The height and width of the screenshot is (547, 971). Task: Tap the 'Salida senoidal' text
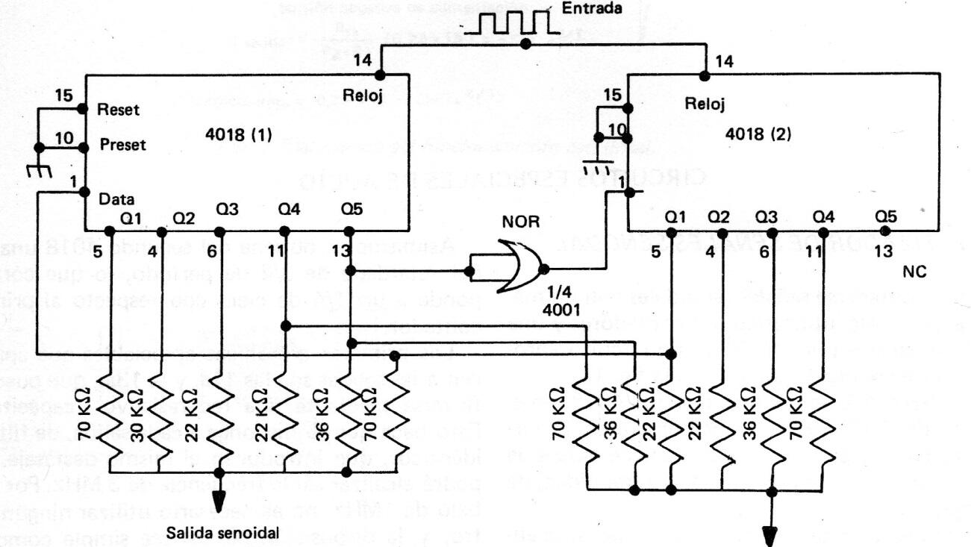coord(213,534)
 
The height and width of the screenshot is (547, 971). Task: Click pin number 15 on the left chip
coord(64,96)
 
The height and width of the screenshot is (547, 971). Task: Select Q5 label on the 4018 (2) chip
coord(886,216)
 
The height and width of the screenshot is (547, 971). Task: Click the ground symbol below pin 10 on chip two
coord(597,166)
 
